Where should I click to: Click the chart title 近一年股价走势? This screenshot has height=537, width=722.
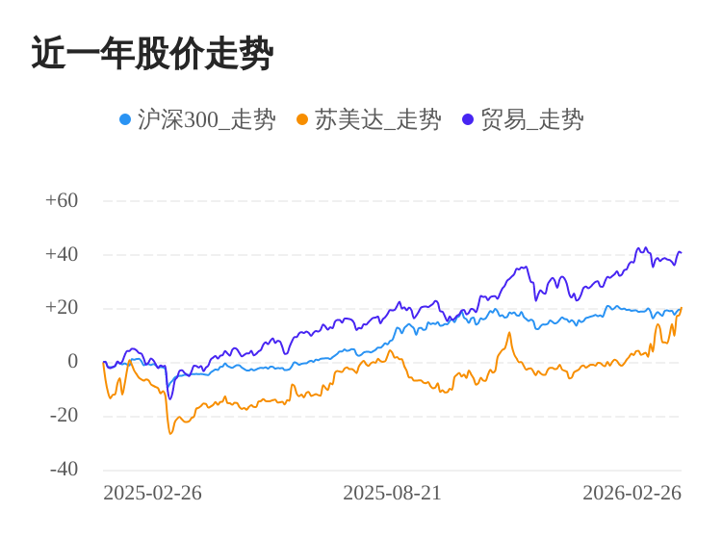(152, 54)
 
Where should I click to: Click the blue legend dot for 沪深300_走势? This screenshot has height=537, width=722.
(125, 119)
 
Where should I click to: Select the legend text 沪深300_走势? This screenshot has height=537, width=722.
(206, 119)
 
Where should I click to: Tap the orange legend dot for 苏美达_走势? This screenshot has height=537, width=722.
(302, 119)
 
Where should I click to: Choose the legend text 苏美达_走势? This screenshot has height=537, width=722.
(377, 119)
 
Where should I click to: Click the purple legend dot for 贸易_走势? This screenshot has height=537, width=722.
(468, 119)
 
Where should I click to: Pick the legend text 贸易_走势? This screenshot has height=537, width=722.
(531, 119)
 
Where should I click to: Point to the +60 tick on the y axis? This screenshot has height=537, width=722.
(62, 201)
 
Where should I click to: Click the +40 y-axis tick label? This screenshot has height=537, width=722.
(62, 255)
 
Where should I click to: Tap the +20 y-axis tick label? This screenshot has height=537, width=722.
(62, 308)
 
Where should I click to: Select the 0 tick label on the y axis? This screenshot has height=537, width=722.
(72, 362)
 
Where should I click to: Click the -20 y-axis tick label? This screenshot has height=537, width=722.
(64, 416)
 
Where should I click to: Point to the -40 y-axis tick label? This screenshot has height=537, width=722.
(64, 470)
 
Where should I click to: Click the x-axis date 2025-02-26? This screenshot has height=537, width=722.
(152, 494)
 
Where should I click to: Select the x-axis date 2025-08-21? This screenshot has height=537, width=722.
(392, 494)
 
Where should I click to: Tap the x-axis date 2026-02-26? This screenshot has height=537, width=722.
(632, 494)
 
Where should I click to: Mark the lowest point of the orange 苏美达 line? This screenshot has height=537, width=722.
(170, 433)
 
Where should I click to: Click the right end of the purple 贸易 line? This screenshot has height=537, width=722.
(681, 253)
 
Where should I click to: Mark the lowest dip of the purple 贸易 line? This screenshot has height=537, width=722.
(170, 398)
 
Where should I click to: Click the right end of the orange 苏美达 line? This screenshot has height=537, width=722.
(681, 309)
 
